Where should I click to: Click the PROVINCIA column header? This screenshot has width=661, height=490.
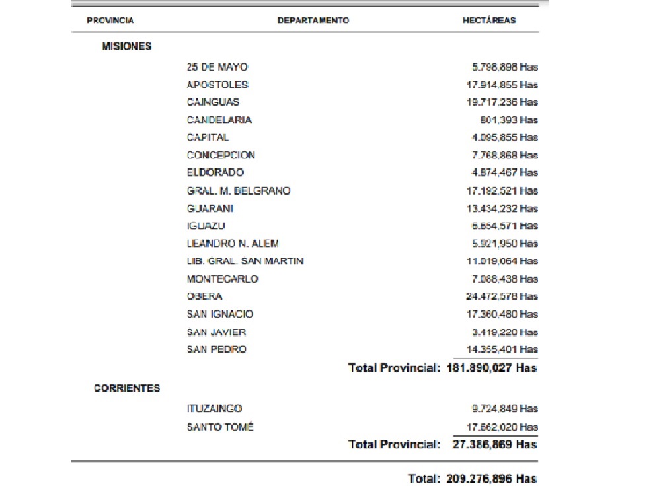[110, 20]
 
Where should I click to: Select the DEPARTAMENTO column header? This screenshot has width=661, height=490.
[313, 20]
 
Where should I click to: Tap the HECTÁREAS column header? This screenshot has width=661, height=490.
[489, 20]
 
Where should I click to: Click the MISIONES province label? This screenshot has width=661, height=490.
[126, 47]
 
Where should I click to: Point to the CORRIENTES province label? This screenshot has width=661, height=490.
[127, 388]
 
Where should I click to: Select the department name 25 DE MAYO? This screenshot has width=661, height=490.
[217, 67]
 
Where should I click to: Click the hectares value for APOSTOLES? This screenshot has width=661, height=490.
[500, 85]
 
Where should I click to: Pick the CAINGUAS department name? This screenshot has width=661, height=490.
[213, 102]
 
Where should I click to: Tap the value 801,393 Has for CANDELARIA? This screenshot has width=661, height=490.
[509, 120]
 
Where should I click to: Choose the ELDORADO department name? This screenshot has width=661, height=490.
[215, 173]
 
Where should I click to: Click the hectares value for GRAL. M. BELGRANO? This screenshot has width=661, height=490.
[500, 191]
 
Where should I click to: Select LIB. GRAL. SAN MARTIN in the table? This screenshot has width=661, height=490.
[245, 262]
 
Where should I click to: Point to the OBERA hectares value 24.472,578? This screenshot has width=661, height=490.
[500, 297]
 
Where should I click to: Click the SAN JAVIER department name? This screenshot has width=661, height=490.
[216, 332]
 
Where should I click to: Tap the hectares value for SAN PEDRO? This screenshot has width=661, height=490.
[500, 349]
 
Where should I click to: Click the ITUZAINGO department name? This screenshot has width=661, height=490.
[214, 409]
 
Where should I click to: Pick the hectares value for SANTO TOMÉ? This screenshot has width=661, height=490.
[500, 427]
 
